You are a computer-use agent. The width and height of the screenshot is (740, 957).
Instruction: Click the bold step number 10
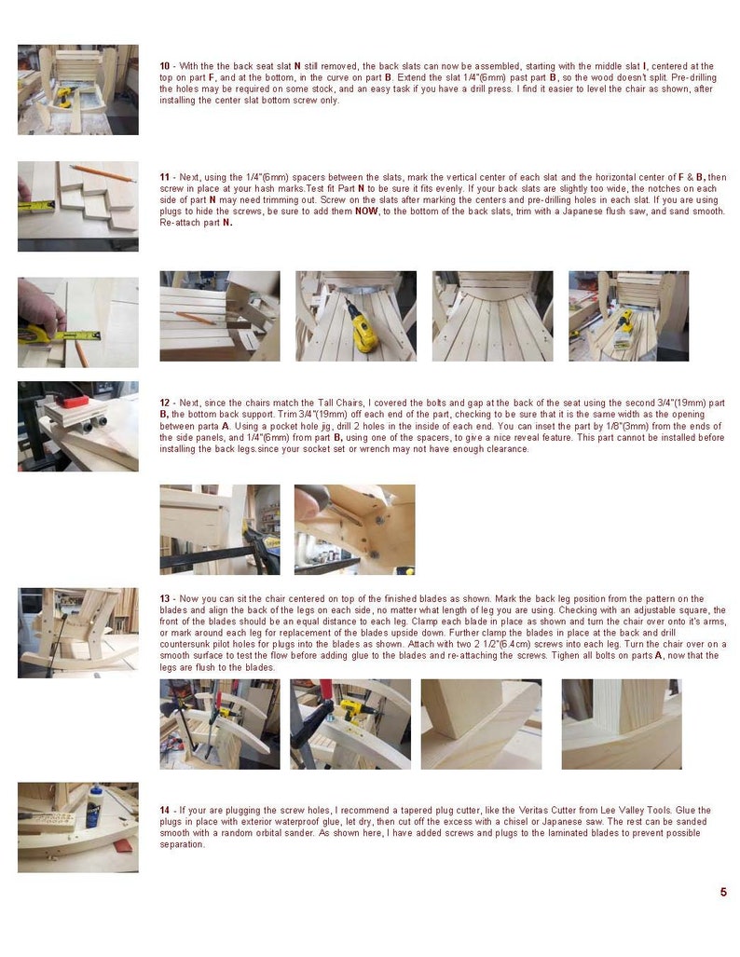click(164, 66)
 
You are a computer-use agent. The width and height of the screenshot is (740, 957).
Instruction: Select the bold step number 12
click(164, 403)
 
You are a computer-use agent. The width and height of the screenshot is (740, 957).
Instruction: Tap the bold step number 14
click(164, 810)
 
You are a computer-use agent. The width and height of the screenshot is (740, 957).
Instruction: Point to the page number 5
click(722, 892)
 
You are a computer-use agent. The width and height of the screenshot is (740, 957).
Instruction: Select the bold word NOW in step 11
click(365, 212)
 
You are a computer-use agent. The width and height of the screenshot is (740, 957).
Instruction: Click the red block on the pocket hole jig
click(74, 402)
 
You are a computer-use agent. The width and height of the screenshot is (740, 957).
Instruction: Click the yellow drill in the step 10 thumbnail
click(64, 95)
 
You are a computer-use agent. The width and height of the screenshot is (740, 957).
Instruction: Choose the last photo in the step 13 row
click(621, 724)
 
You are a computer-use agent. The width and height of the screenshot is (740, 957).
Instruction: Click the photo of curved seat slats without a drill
click(492, 317)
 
